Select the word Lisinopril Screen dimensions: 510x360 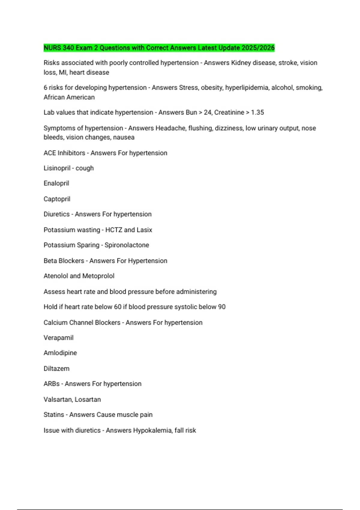pyautogui.click(x=57, y=168)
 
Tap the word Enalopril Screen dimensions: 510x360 pyautogui.click(x=56, y=183)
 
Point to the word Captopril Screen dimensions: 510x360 pyautogui.click(x=57, y=199)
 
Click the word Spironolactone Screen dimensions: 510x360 pyautogui.click(x=127, y=245)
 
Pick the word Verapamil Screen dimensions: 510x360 pyautogui.click(x=58, y=337)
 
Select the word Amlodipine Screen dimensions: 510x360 pyautogui.click(x=60, y=353)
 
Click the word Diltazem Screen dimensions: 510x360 pyautogui.click(x=56, y=368)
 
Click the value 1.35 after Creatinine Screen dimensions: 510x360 pyautogui.click(x=257, y=112)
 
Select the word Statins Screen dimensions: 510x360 pyautogui.click(x=54, y=415)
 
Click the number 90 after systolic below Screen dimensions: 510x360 pyautogui.click(x=222, y=307)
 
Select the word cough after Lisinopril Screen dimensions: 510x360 pyautogui.click(x=85, y=168)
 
